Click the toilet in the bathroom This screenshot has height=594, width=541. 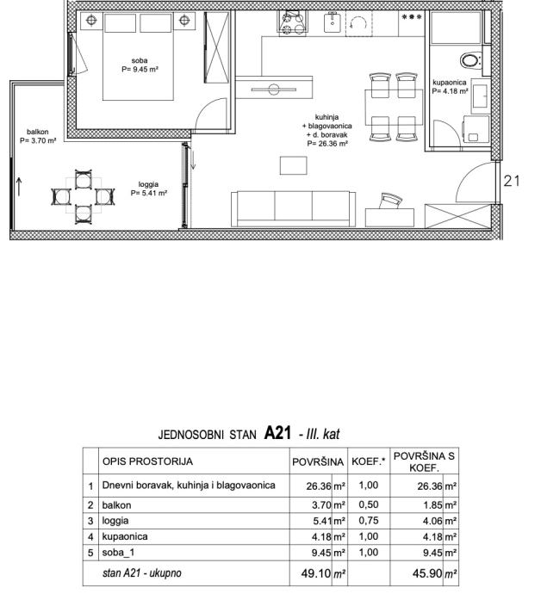(x=470, y=60)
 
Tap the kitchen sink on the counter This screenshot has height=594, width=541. (x=333, y=22)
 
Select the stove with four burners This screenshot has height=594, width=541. (x=292, y=22)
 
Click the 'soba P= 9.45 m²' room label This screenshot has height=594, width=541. (x=140, y=65)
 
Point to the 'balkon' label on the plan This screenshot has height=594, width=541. (x=38, y=132)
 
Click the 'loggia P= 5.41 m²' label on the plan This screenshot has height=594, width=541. (x=149, y=189)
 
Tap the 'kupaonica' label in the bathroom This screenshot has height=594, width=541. (x=450, y=82)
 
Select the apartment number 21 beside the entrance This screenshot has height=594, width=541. (x=512, y=181)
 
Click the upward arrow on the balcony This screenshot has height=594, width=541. (x=19, y=187)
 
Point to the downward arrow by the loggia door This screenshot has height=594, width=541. (x=193, y=159)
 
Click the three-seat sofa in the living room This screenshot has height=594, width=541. (x=294, y=208)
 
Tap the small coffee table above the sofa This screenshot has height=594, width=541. (x=294, y=165)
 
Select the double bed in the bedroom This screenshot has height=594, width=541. (x=139, y=57)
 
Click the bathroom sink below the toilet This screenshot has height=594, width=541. (x=481, y=97)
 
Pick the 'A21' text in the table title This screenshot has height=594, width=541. (x=277, y=432)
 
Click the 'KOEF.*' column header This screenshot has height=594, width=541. (x=368, y=461)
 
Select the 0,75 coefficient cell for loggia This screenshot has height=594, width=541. (x=369, y=521)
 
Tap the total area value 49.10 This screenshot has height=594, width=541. (x=316, y=573)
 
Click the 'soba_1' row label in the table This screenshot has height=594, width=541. (x=118, y=553)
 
